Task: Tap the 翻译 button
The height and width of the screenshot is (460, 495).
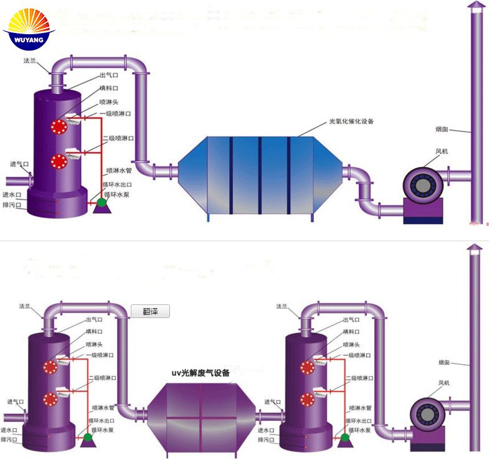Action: point(150,311)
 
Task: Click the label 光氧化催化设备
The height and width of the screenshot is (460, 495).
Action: point(351,122)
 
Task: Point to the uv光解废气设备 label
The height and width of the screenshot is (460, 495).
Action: point(200,373)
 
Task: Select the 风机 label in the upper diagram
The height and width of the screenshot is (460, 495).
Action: point(441,151)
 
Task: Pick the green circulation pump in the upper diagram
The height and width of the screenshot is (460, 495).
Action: point(101,201)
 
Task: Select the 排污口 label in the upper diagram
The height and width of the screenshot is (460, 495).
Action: point(12,205)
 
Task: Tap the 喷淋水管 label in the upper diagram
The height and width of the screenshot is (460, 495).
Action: point(120,170)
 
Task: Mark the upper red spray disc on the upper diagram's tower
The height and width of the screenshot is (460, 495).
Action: point(60,126)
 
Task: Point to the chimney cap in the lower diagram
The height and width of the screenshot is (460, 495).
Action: point(474,249)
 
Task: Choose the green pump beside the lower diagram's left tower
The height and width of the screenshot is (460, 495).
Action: point(87,438)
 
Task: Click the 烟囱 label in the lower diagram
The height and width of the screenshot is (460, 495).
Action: point(443,362)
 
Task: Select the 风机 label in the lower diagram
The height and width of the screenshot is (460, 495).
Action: point(443,382)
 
